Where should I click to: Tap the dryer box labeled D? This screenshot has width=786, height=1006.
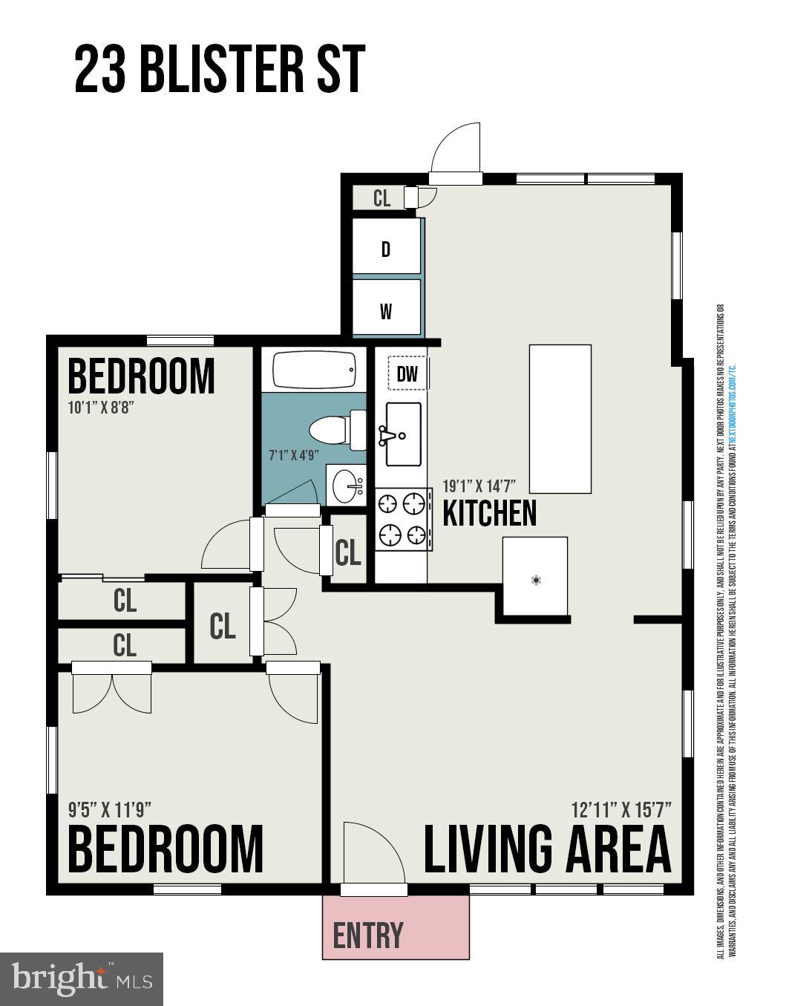(x=386, y=248)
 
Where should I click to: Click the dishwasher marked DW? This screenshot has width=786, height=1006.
(x=407, y=374)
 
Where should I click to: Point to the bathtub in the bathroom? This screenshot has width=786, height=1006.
(x=315, y=369)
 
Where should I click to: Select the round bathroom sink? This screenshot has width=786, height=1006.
(x=347, y=486)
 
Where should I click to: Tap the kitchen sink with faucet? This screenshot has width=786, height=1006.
(x=403, y=434)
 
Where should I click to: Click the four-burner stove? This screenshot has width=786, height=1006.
(x=403, y=518)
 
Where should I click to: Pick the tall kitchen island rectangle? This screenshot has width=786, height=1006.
(x=560, y=419)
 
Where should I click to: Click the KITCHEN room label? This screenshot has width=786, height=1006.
(x=489, y=514)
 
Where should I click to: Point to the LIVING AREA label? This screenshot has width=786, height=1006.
(x=547, y=849)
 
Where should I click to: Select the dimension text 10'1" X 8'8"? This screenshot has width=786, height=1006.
(x=100, y=408)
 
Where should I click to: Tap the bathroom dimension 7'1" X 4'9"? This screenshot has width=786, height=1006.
(x=294, y=455)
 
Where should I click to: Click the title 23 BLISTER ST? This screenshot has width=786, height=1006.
(x=220, y=70)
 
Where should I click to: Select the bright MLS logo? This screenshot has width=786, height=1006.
(x=82, y=979)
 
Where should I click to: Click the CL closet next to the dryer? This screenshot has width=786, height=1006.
(x=381, y=198)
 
